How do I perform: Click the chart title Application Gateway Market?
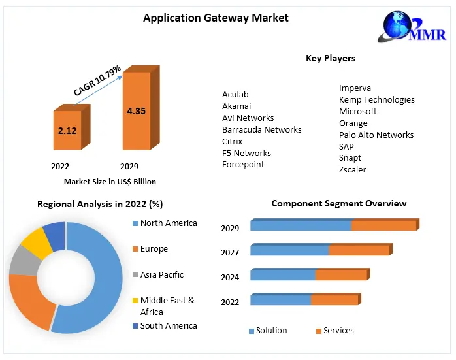coord(216,18)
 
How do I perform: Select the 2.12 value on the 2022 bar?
coord(67,131)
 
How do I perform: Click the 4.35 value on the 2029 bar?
coord(137,111)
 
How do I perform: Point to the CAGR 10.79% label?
coord(97,79)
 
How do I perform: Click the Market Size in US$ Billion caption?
coord(110,181)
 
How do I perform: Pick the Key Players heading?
coord(331,58)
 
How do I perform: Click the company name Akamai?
coord(236,106)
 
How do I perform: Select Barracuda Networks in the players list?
coord(262,129)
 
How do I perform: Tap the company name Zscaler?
coord(353,169)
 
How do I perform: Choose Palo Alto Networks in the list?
coord(376,135)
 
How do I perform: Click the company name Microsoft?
coord(358,111)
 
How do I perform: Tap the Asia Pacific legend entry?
coord(161,275)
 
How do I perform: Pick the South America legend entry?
coord(168,325)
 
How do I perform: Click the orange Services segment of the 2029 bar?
coord(383,225)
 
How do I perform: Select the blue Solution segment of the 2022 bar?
coord(280,300)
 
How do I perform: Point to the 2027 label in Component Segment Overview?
coord(230,253)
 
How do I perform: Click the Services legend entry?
coord(338,331)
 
